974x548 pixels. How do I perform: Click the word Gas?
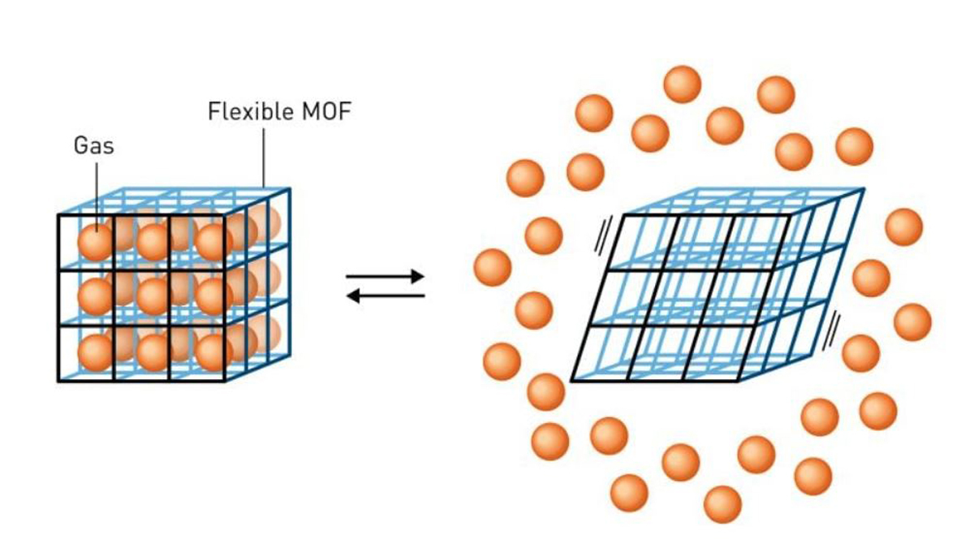[x=93, y=146]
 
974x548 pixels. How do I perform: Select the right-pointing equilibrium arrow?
[x=386, y=277]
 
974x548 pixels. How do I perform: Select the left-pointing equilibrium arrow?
[x=386, y=296]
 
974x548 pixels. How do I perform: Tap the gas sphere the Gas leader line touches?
[x=96, y=241]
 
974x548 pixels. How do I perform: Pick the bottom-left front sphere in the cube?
[x=96, y=352]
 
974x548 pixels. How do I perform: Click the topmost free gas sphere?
[x=682, y=84]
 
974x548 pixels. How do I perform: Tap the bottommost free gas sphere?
[x=722, y=504]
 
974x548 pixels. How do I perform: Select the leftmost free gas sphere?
[x=492, y=267]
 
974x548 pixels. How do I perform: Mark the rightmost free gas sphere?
[x=912, y=321]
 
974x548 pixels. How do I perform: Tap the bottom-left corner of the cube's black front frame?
[x=58, y=381]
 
